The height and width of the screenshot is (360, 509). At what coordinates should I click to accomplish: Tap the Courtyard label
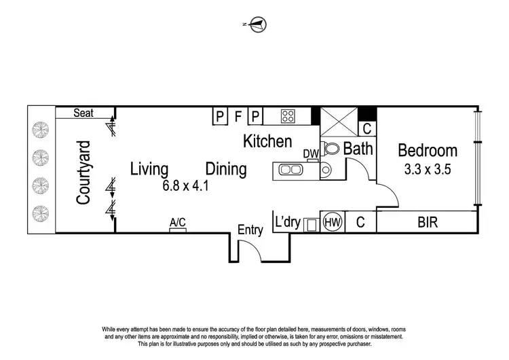tap(83, 173)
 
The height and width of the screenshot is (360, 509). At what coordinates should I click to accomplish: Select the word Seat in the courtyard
tap(84, 113)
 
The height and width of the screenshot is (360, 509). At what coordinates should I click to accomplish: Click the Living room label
tap(149, 168)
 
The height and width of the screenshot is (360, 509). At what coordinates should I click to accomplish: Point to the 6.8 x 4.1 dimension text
tap(184, 184)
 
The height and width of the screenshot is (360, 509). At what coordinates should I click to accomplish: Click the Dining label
tap(226, 168)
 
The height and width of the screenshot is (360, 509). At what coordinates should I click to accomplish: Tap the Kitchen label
tap(267, 141)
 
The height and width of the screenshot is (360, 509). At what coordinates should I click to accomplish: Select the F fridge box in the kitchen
tap(238, 116)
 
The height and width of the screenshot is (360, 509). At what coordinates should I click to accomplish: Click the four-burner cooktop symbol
tap(288, 116)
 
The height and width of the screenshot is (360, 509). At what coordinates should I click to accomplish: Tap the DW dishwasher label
tap(311, 154)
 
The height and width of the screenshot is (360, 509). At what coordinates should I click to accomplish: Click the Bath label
tap(357, 148)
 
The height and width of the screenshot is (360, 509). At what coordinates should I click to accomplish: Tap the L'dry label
tap(288, 221)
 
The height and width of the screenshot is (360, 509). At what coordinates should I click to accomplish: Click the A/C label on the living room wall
tap(178, 222)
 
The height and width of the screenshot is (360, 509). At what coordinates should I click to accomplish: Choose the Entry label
tap(250, 230)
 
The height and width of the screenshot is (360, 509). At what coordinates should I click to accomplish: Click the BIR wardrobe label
tap(428, 221)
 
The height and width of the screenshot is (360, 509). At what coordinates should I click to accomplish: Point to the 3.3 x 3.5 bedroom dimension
tap(428, 170)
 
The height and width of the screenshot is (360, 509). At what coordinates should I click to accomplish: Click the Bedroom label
tap(428, 150)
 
